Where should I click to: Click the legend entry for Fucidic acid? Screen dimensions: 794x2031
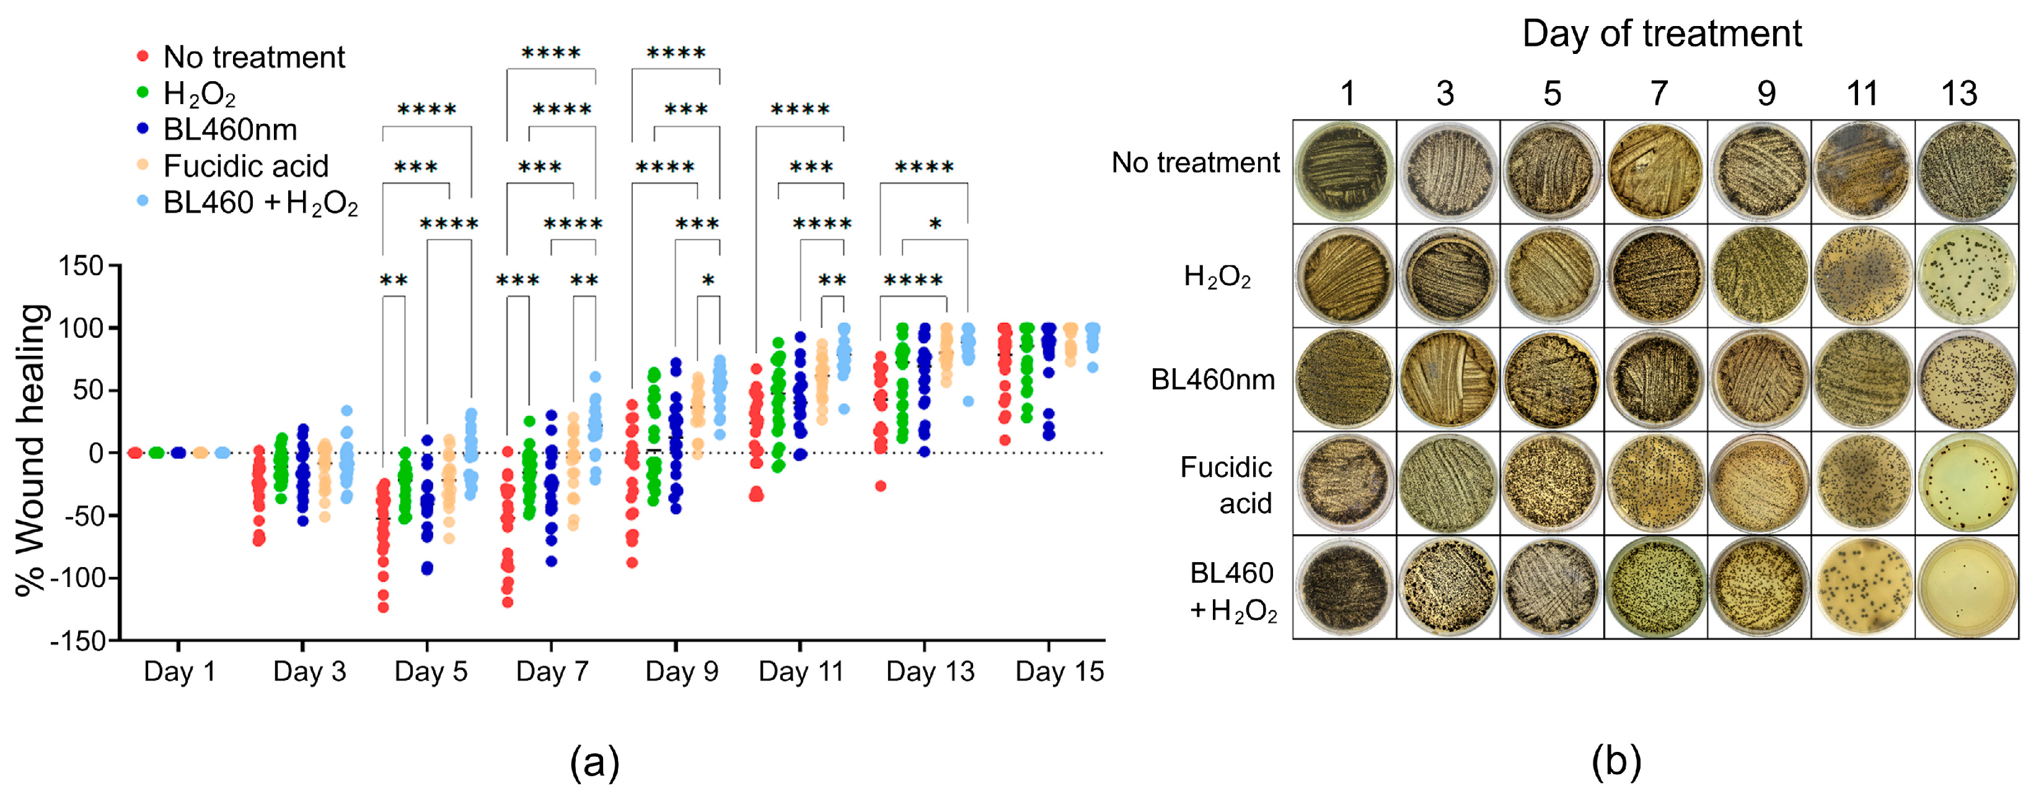click(x=245, y=166)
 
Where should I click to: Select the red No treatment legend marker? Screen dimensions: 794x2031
click(x=143, y=56)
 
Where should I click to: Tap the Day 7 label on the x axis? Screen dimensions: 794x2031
click(x=552, y=672)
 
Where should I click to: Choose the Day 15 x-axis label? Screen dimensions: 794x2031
click(x=1059, y=672)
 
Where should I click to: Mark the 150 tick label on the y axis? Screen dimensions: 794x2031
click(x=81, y=266)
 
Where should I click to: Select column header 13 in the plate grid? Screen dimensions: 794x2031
click(x=1958, y=94)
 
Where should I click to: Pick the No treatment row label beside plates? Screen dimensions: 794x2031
click(x=1196, y=162)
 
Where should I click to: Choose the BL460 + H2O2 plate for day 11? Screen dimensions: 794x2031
click(x=1863, y=588)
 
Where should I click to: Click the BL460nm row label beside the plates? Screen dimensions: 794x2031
click(x=1213, y=380)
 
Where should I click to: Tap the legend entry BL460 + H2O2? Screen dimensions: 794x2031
click(x=260, y=203)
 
